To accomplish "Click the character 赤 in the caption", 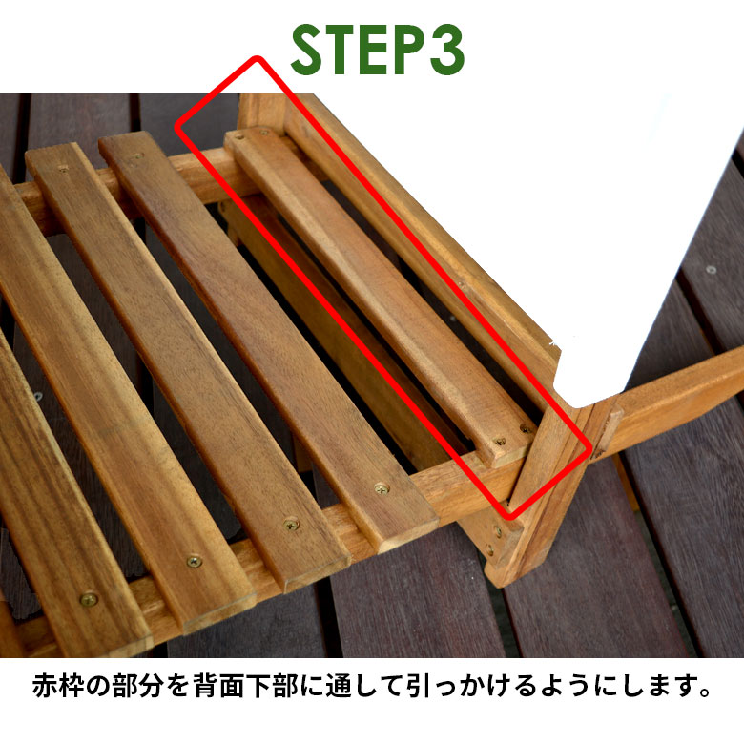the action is tap(45, 685).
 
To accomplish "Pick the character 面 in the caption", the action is tap(233, 685).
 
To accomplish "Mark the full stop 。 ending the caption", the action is tap(704, 692).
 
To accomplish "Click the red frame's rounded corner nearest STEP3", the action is tap(257, 59).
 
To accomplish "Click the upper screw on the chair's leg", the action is tap(497, 530).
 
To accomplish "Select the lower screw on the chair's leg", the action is tap(489, 549).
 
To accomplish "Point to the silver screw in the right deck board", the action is tap(711, 270).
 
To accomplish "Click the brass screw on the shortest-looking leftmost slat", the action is tap(89, 600).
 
